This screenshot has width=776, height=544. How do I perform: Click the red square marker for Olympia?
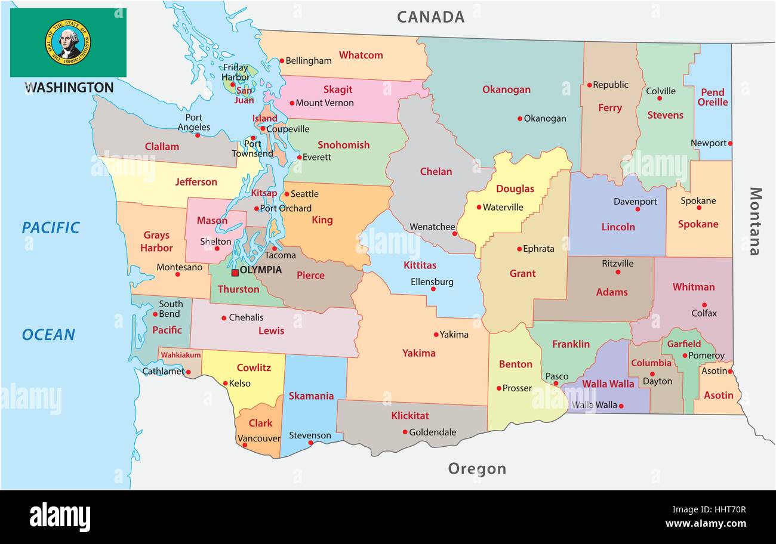click(235, 273)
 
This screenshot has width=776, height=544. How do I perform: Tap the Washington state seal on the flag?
click(67, 42)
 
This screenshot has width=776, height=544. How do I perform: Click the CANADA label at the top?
click(430, 17)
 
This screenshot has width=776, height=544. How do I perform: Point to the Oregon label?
click(477, 469)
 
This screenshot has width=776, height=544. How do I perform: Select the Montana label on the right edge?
click(755, 221)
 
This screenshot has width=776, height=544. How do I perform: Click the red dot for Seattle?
click(287, 194)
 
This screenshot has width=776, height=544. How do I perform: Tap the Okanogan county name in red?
click(506, 89)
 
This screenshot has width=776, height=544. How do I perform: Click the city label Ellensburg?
click(432, 282)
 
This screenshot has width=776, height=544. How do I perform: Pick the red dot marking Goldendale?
click(405, 432)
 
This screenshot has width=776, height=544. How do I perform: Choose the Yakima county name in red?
click(418, 353)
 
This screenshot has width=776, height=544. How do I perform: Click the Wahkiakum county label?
click(181, 355)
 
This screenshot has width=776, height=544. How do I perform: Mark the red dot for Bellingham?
click(282, 60)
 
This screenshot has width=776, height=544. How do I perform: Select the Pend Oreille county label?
click(713, 97)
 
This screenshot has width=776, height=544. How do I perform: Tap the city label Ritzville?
click(618, 263)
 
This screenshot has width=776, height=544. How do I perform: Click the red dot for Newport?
click(730, 143)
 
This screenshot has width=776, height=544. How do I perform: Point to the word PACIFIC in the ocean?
click(51, 227)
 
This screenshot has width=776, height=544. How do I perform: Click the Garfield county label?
click(683, 344)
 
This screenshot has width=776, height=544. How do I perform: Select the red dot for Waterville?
click(479, 208)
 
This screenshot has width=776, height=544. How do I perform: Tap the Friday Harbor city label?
click(235, 72)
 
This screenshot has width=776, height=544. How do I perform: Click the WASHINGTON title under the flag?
click(69, 88)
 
